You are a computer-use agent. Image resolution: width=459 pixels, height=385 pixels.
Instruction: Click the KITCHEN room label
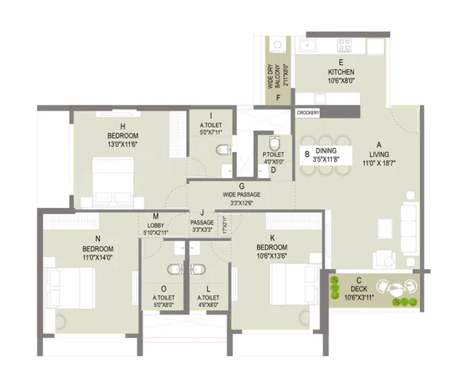tap(341, 72)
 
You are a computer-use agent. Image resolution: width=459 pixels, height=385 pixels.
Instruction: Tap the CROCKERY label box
tap(308, 113)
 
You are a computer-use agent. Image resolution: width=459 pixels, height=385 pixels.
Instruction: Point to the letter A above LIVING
tap(379, 143)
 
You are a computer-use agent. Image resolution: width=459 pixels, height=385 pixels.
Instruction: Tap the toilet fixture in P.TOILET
tap(273, 144)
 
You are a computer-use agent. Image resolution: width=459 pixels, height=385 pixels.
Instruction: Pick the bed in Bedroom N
tap(68, 288)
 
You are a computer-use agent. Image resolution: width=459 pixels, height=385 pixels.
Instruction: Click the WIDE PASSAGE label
tap(241, 195)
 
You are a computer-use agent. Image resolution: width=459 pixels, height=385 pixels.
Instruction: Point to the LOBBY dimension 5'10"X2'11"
tap(155, 232)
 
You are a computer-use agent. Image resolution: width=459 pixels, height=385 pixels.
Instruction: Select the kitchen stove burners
tap(345, 45)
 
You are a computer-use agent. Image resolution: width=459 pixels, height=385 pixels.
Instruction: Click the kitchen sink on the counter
tap(308, 46)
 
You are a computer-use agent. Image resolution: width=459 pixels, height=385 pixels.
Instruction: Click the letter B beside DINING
tap(307, 154)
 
